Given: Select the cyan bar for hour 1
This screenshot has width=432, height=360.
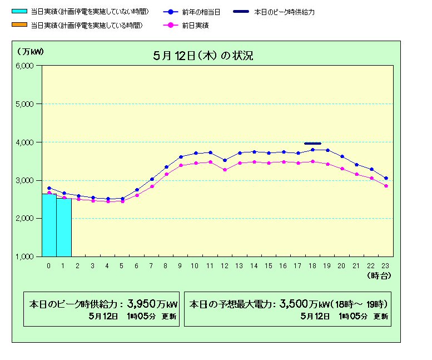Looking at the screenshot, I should click(64, 228).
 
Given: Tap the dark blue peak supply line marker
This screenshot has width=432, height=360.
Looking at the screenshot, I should click(312, 143).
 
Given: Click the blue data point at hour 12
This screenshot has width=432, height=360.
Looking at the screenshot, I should click(225, 160).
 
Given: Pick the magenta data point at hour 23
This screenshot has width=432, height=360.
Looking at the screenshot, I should click(386, 186).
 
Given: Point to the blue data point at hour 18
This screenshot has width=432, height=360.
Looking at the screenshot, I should click(312, 150).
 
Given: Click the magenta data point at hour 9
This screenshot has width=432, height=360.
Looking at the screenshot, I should click(181, 165).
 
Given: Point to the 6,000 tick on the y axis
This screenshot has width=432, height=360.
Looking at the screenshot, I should click(25, 66).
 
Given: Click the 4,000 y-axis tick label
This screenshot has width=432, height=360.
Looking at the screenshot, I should click(25, 142).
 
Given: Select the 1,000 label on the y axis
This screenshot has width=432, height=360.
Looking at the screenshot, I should click(25, 257).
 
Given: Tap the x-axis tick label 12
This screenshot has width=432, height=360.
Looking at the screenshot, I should click(225, 266).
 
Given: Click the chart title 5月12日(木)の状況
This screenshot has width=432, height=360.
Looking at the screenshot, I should click(204, 56).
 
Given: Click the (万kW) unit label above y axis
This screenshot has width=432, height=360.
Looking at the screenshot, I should click(29, 52).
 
